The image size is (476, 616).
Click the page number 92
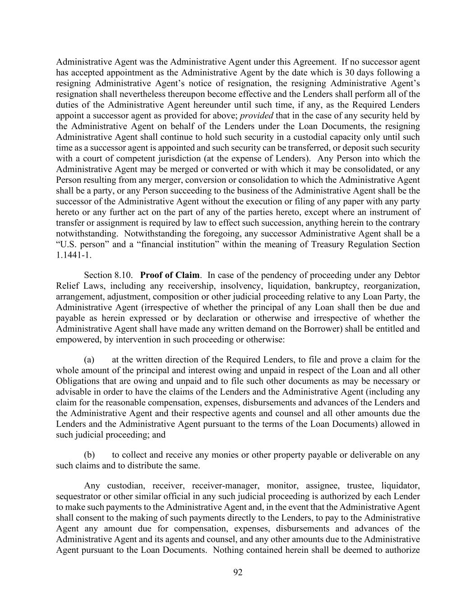pos(238,573)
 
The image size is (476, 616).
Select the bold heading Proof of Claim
pos(170,275)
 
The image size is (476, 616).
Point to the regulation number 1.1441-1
pos(74,255)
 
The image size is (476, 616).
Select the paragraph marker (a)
pos(89,360)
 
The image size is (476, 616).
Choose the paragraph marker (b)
pos(89,455)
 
